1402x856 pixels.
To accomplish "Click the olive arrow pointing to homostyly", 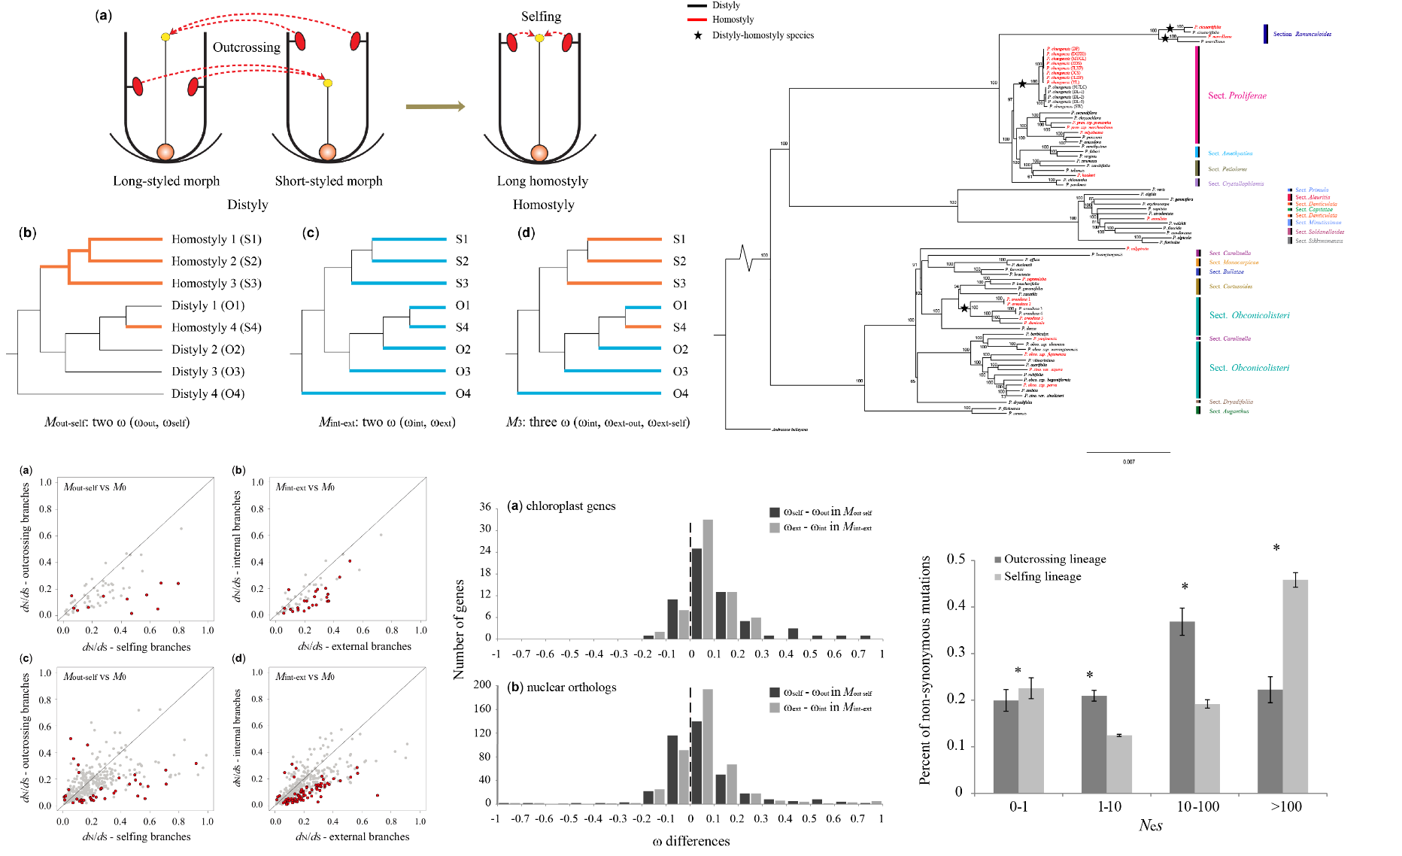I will coord(435,107).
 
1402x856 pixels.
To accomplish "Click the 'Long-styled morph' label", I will coord(166,181).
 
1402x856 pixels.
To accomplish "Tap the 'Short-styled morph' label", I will coord(329,181).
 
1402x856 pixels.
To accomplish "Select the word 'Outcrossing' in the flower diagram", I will coord(246,47).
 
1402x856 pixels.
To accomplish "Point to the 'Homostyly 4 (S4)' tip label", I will coord(216,327).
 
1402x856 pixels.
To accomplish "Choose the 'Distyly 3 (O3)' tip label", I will coord(208,372).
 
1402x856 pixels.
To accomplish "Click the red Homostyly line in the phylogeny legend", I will coord(696,20).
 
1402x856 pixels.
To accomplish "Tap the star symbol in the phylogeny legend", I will coord(697,35).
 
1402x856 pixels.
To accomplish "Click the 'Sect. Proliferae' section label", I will coord(1237,96).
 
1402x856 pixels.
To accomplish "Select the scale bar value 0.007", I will coord(1128,462).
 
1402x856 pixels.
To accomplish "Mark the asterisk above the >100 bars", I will coord(1276,548).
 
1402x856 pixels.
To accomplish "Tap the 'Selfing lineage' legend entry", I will coord(1042,577).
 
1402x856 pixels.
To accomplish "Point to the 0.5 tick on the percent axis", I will coord(956,560).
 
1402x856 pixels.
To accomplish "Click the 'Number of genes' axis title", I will coord(459,629).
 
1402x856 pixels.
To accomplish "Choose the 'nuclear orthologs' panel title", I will coord(571,688).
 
